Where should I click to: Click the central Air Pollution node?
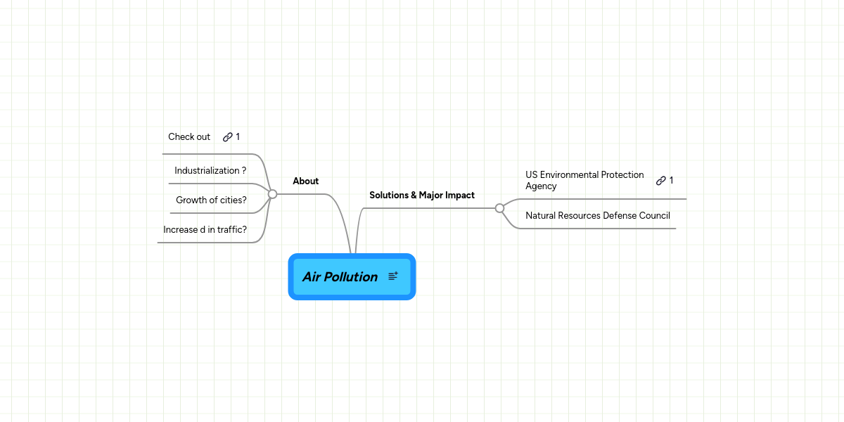coord(340,276)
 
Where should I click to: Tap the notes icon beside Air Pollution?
coord(393,276)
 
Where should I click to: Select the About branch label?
coord(306,181)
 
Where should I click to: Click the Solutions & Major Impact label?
coord(422,195)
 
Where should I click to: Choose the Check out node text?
coord(189,136)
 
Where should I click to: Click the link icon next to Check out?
coord(227,137)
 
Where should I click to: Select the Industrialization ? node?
coord(210,170)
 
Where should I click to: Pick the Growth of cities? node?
coord(211,200)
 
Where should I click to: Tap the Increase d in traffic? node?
coord(205,229)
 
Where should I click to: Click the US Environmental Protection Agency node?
coord(584,180)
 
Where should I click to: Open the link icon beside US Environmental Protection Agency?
coord(660,181)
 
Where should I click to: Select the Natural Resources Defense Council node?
coord(598,215)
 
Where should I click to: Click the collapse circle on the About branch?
coord(272,194)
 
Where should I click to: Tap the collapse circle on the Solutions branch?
coord(499,208)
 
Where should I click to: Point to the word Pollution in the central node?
coord(350,276)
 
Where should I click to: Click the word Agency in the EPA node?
coord(541,186)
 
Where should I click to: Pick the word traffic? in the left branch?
coord(231,229)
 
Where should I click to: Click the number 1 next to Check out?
coord(238,136)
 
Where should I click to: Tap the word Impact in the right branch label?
coord(460,195)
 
